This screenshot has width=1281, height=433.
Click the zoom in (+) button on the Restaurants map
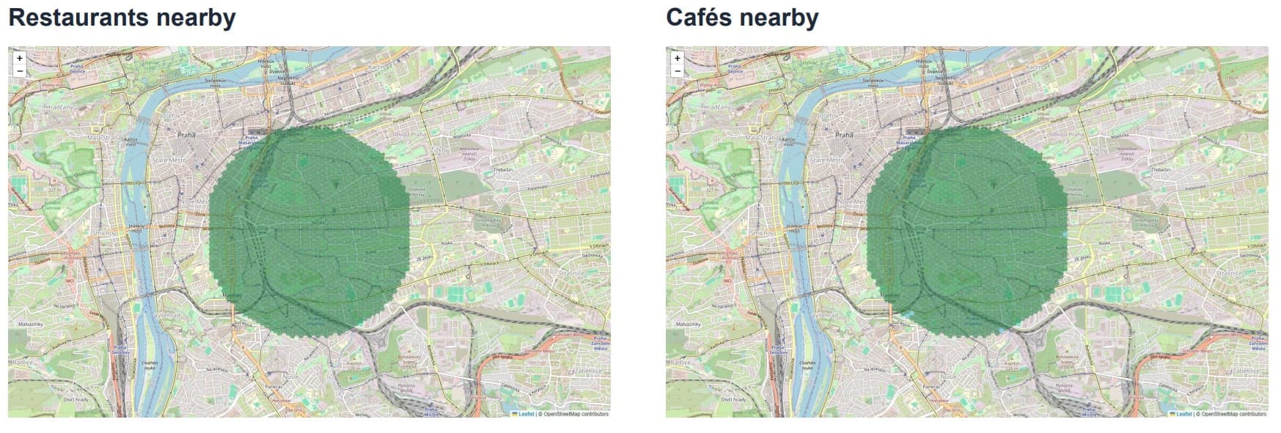pos(20,58)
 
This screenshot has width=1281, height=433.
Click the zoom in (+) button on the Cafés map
pos(678,58)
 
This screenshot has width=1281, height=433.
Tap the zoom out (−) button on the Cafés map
pos(678,71)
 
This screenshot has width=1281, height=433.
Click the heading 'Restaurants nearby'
pos(122,18)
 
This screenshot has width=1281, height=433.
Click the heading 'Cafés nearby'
pos(742,18)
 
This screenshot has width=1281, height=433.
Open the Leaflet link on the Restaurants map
pos(526,414)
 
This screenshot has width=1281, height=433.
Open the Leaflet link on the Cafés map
pos(1184,414)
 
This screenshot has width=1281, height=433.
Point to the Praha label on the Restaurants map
pos(186,136)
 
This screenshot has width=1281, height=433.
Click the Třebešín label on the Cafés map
pos(1160,169)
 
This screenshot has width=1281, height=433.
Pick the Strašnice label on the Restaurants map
pos(571,273)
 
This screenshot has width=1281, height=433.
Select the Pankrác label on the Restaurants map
pos(274,386)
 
